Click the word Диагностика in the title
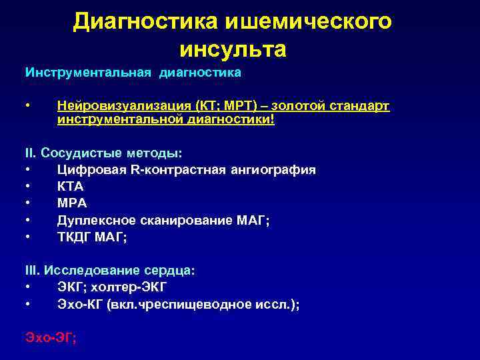click(145, 21)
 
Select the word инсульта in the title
click(233, 49)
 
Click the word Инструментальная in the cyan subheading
click(89, 72)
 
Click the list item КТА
click(71, 187)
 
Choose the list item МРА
click(72, 203)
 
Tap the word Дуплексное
click(93, 220)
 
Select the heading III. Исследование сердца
click(109, 271)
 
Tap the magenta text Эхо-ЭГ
click(51, 338)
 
